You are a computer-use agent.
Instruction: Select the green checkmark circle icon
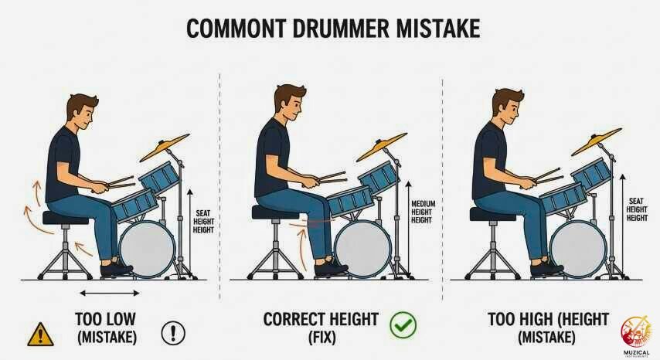coord(403,324)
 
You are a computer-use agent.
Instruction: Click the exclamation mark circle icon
coord(173,333)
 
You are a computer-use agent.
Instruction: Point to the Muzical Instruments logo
coord(635,330)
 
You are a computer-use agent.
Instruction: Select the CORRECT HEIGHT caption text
coord(321,318)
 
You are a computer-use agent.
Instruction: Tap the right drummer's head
coord(507,108)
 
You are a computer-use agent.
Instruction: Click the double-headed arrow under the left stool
coord(110,293)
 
